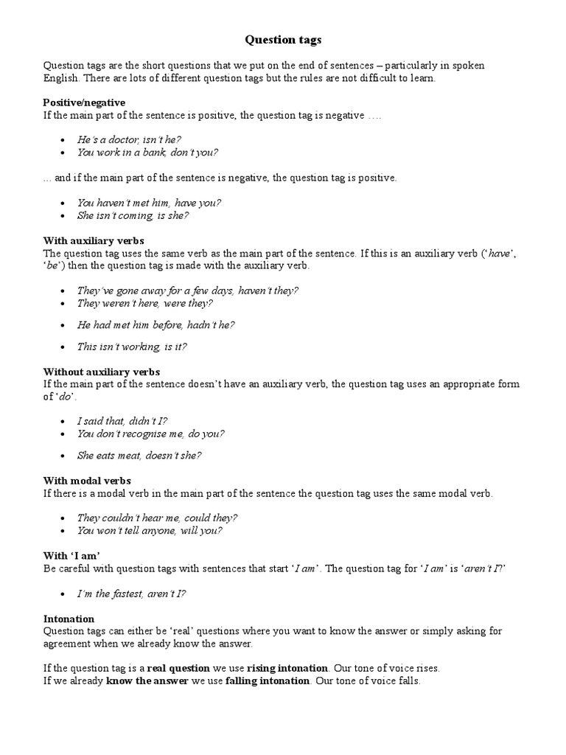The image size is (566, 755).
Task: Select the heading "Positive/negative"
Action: [x=84, y=102]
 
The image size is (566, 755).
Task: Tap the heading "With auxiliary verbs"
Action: [x=94, y=241]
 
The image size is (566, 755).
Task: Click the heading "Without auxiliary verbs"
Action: [x=102, y=372]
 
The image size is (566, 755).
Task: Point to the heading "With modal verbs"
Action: [x=87, y=481]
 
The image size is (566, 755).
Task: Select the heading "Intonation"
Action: [x=69, y=619]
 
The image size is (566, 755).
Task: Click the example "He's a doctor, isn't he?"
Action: [x=130, y=139]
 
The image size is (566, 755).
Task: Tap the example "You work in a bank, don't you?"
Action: [x=147, y=153]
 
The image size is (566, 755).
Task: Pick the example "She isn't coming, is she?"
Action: [x=133, y=216]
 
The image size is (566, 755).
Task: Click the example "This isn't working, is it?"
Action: [x=132, y=347]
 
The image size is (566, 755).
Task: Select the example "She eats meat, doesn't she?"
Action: [x=139, y=455]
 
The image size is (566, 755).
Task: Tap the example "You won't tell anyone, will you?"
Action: [x=150, y=530]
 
